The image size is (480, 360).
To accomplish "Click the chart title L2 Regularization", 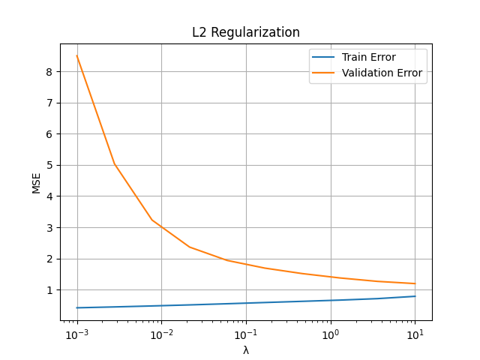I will pyautogui.click(x=246, y=33).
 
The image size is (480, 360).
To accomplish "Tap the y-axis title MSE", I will pyautogui.click(x=37, y=182).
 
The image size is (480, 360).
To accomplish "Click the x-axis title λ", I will pyautogui.click(x=246, y=350).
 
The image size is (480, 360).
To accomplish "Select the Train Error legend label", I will pyautogui.click(x=368, y=57).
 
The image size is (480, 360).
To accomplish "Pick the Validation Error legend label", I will pyautogui.click(x=382, y=73).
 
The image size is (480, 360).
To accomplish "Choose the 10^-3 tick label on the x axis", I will pyautogui.click(x=76, y=334).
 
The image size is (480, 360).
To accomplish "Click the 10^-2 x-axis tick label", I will pyautogui.click(x=161, y=334).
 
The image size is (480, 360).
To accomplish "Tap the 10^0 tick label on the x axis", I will pyautogui.click(x=331, y=334).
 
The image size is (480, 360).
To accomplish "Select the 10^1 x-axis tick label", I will pyautogui.click(x=415, y=334).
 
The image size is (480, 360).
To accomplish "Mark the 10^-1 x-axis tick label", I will pyautogui.click(x=246, y=334).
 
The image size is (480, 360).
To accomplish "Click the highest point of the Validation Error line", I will pyautogui.click(x=76, y=55).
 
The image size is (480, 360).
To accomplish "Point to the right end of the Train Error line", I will pyautogui.click(x=415, y=296).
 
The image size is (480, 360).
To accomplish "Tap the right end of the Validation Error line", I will pyautogui.click(x=415, y=283).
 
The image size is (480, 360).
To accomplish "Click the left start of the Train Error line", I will pyautogui.click(x=76, y=307).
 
